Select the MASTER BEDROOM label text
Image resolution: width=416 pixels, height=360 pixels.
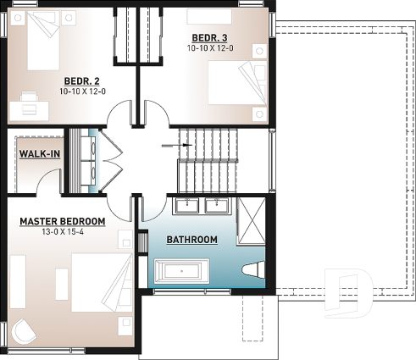click(64, 221)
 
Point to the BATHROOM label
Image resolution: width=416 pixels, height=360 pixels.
click(191, 241)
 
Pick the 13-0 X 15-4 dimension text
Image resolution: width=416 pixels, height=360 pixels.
click(64, 233)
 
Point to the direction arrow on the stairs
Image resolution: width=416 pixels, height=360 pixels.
click(185, 145)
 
